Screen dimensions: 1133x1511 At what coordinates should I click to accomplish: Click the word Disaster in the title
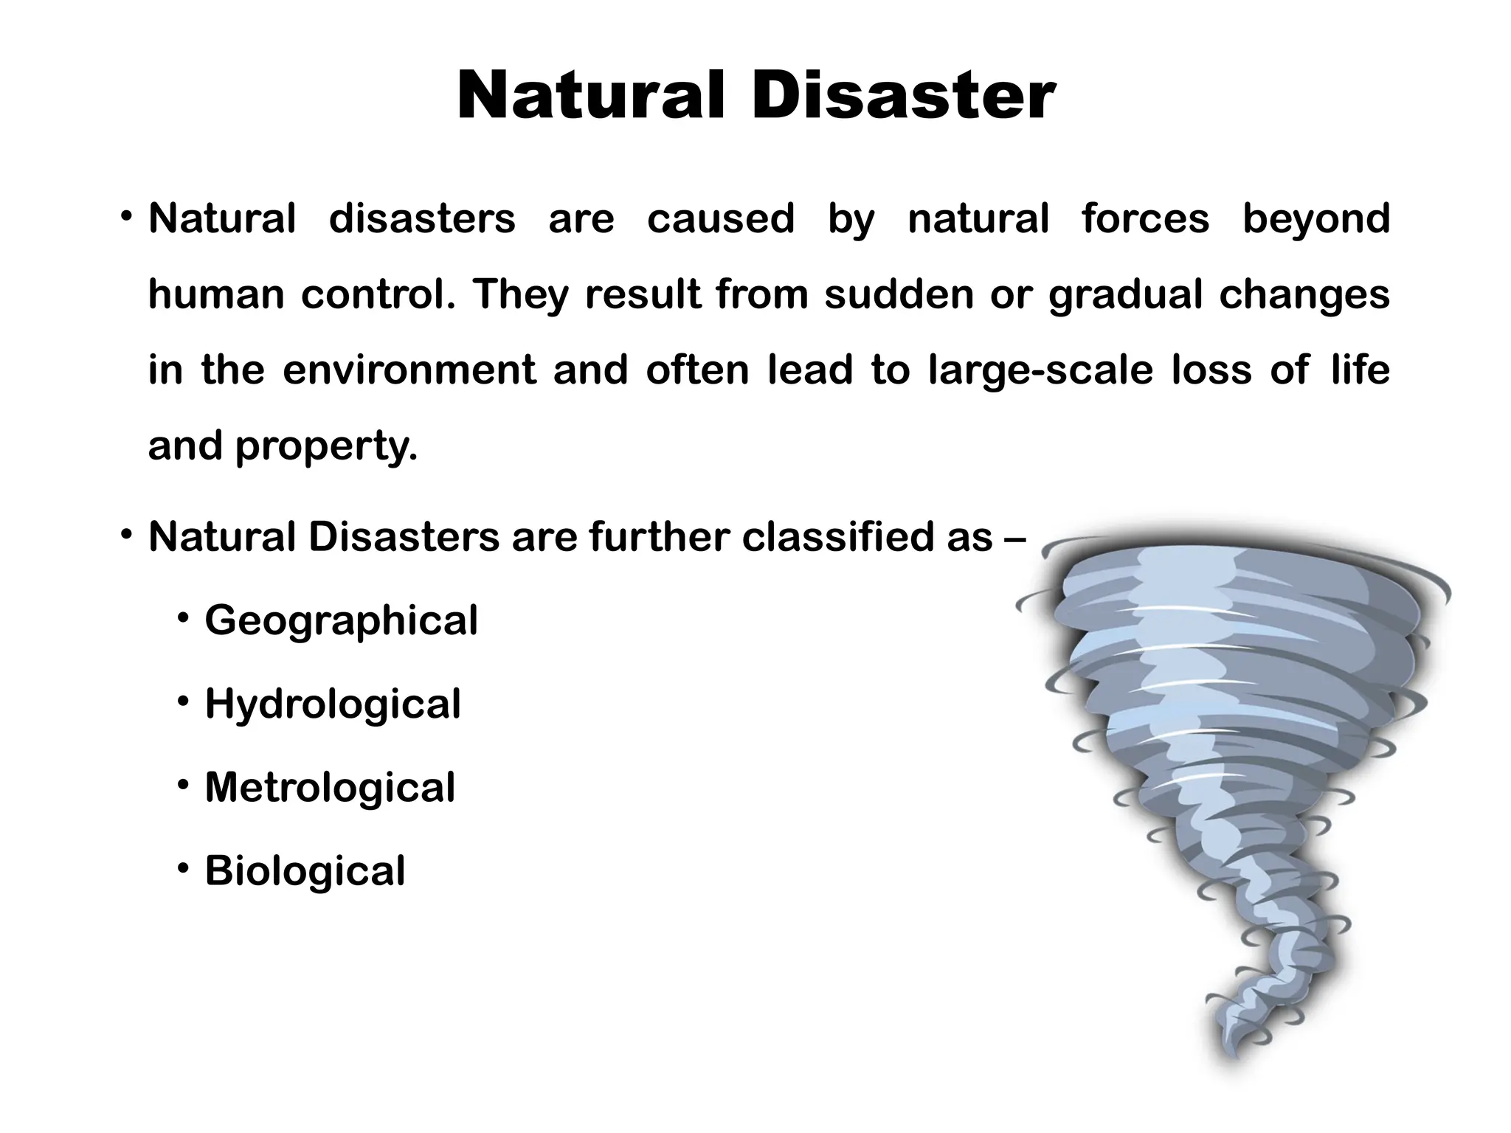tap(903, 97)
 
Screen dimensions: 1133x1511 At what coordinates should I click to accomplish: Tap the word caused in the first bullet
tap(721, 218)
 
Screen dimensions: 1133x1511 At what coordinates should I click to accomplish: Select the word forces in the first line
tap(1145, 218)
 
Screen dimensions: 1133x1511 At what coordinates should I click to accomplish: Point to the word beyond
tap(1316, 220)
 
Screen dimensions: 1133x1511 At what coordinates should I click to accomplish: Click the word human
tap(216, 294)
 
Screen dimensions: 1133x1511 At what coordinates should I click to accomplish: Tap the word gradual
tap(1125, 296)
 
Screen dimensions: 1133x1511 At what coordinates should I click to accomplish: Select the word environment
tap(409, 370)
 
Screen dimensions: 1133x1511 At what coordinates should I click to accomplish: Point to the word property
tap(326, 446)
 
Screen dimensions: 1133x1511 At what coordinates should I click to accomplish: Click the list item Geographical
tap(342, 621)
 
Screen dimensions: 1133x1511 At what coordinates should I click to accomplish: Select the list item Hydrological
tap(333, 704)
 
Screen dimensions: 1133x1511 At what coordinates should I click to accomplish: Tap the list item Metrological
tap(330, 787)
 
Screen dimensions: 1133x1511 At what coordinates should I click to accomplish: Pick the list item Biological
tap(305, 871)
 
